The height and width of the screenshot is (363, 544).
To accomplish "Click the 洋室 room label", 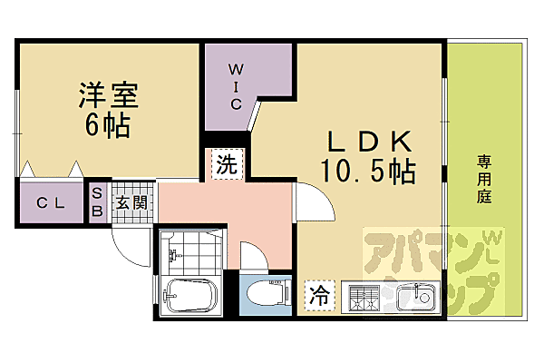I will pos(106,95).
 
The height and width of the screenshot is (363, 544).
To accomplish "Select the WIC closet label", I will pos(234,85).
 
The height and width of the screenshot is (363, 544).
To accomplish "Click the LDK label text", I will pos(370,142).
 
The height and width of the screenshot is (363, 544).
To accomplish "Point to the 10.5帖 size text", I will pos(366,170).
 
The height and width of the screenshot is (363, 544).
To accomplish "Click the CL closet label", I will pos(50,203).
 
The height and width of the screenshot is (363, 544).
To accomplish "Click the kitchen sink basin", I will pos(420,295).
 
